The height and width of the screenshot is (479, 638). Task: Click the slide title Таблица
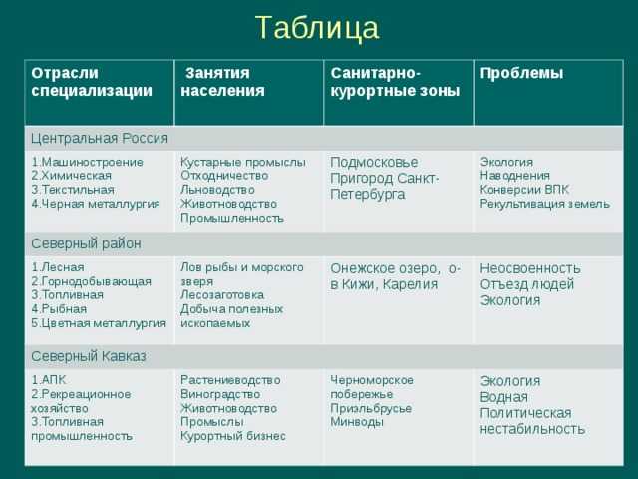(317, 28)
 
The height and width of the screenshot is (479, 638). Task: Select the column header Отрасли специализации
(92, 82)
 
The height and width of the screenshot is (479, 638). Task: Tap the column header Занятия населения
(222, 82)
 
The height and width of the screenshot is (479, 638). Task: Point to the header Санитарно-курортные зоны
(395, 82)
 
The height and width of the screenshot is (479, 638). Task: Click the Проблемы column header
(521, 73)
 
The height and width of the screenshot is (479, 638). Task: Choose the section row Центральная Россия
(100, 138)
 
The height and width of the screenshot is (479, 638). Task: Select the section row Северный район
(86, 243)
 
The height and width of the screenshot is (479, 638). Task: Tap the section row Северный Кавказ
(89, 356)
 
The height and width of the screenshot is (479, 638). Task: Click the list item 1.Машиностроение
(87, 162)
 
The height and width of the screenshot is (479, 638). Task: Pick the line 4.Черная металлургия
(96, 204)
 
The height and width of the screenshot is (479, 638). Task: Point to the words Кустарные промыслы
(243, 162)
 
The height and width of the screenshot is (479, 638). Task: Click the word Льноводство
(217, 190)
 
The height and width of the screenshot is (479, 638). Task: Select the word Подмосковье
(374, 162)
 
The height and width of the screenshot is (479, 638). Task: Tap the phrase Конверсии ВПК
(524, 190)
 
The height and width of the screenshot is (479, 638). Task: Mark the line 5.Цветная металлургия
(99, 323)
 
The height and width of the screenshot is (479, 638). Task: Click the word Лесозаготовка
(222, 295)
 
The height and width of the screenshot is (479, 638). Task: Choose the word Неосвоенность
(530, 268)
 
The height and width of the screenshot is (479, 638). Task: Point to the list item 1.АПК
(49, 380)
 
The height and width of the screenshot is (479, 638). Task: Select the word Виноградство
(220, 394)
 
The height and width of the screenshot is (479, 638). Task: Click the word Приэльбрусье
(371, 408)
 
